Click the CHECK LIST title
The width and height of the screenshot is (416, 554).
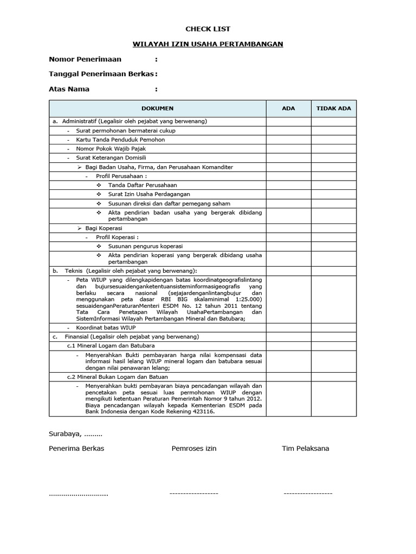coord(208,29)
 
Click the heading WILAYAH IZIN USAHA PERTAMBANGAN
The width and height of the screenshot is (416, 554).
coord(208,44)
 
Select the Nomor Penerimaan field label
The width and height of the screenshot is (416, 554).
coord(85,60)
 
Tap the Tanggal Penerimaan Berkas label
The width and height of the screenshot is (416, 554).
coord(101,74)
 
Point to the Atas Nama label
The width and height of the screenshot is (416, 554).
coord(69,89)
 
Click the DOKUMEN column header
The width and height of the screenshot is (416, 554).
coord(157,108)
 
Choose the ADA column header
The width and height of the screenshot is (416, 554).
coord(288,108)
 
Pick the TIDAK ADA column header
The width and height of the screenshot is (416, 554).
coord(334,108)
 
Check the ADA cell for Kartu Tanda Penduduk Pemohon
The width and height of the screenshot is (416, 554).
coord(288,140)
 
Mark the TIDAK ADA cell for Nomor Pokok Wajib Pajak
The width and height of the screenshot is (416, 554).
coord(334,149)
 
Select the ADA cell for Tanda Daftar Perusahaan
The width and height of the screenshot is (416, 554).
coord(288,185)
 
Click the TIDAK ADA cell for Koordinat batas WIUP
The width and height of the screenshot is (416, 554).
coord(334,327)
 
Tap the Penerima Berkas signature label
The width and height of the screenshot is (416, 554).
coord(76,449)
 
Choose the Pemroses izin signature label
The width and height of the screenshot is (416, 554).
coord(194,449)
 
